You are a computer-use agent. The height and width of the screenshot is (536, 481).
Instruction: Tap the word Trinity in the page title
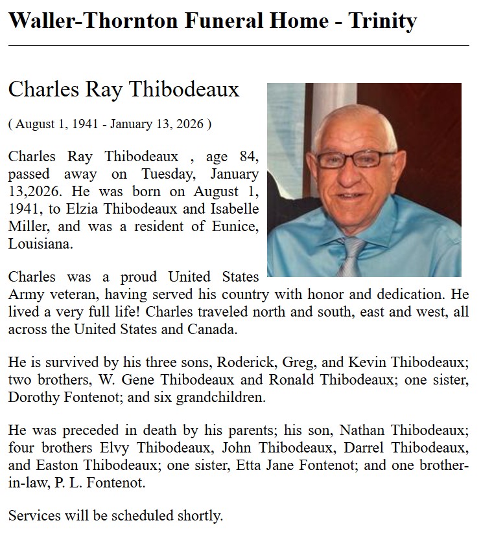pyautogui.click(x=382, y=21)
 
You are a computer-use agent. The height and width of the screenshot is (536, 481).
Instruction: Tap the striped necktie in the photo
pyautogui.click(x=353, y=256)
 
